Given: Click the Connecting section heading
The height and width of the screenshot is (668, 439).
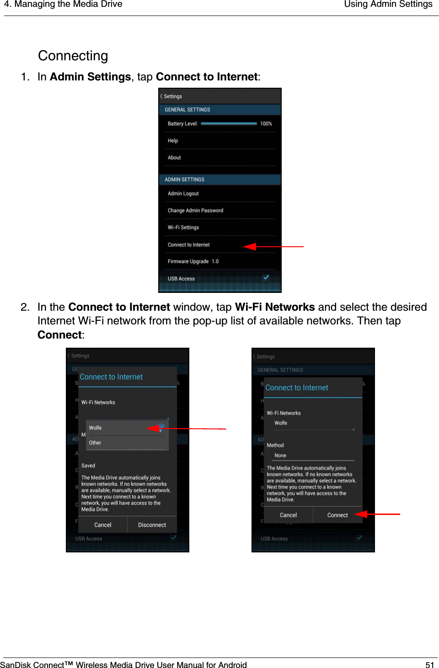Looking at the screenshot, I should click(x=73, y=56).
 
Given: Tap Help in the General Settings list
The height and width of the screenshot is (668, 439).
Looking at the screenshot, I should click(x=173, y=141).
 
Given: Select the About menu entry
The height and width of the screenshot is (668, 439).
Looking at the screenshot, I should click(x=174, y=158).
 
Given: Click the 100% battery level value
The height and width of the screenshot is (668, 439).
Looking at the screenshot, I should click(x=266, y=124).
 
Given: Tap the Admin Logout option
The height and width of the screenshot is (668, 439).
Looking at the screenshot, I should click(x=183, y=194).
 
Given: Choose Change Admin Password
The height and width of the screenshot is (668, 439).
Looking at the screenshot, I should click(x=195, y=211).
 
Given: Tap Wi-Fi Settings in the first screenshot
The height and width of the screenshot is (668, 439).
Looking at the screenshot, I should click(x=183, y=228).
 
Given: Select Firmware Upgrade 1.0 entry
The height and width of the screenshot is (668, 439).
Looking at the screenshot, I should click(x=193, y=261).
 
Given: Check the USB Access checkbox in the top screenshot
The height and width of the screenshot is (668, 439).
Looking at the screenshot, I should click(x=266, y=278).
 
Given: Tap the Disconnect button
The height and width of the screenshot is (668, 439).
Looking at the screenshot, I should click(x=152, y=525).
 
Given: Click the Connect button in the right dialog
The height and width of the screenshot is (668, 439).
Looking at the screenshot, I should click(x=337, y=515).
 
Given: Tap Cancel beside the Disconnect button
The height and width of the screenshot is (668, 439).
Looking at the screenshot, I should click(x=103, y=525).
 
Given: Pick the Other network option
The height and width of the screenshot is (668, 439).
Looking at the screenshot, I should click(x=95, y=443).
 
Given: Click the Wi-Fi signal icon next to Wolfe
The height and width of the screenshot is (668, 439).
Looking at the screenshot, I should click(x=161, y=428).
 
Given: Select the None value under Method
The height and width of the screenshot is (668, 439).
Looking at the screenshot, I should click(x=280, y=456).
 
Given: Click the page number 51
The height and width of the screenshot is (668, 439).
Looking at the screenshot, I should click(x=429, y=665).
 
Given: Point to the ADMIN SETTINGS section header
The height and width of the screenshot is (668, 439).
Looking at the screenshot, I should click(x=185, y=180).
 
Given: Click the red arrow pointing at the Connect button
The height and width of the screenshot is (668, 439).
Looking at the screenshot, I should click(x=377, y=514).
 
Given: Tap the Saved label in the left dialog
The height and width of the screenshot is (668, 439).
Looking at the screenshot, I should click(x=88, y=466).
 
